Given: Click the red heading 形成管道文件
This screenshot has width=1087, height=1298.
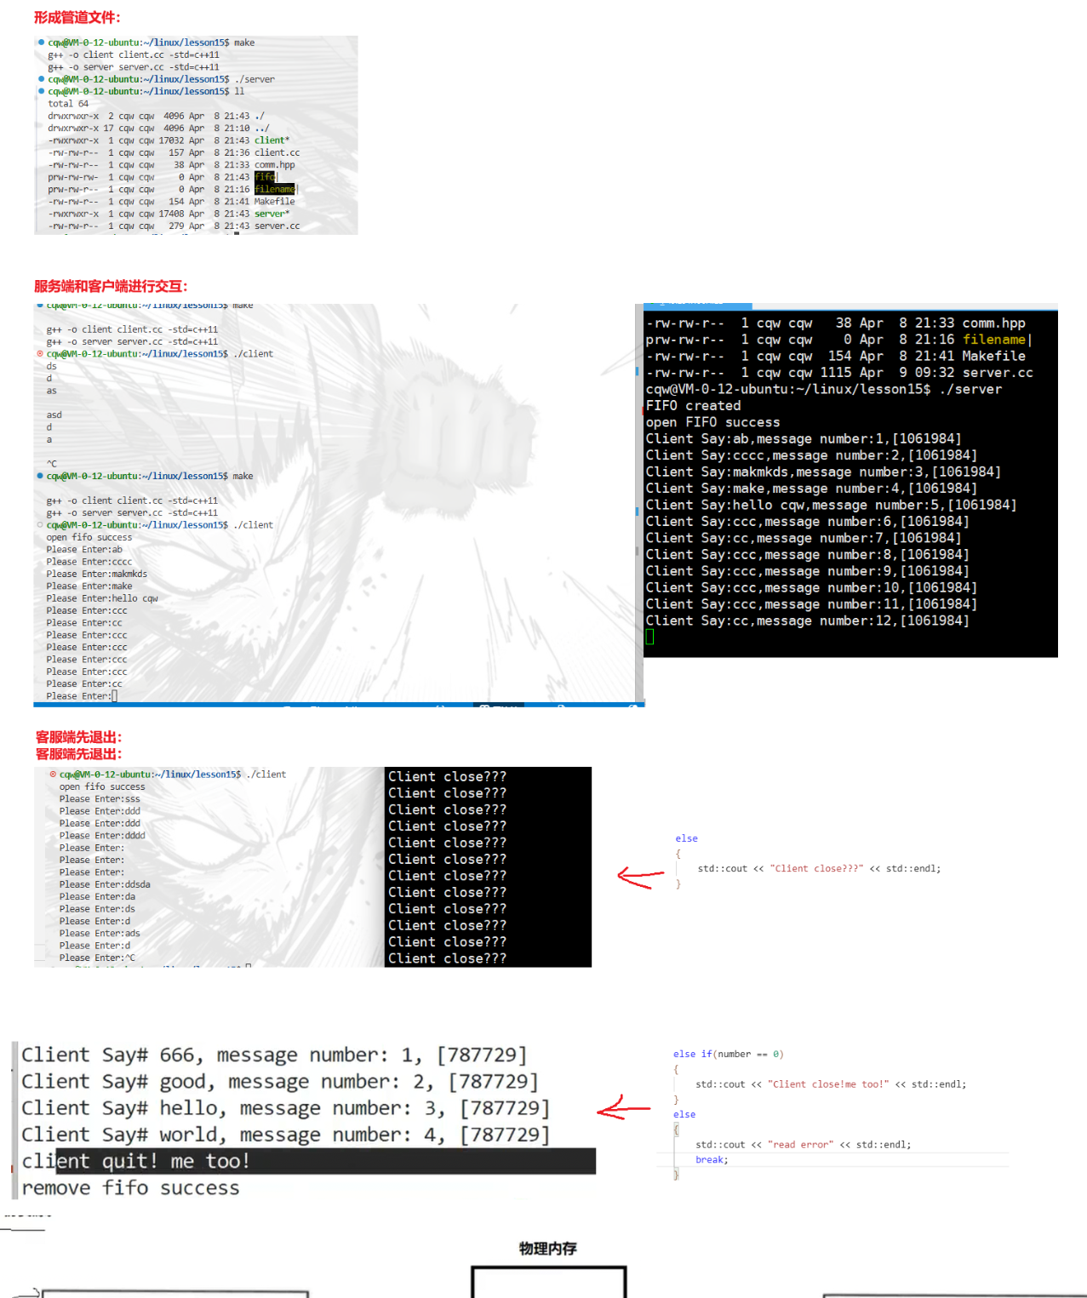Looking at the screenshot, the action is (77, 17).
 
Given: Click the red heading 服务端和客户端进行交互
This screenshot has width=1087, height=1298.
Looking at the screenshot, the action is (111, 286).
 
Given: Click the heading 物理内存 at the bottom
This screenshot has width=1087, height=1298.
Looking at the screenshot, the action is (547, 1249).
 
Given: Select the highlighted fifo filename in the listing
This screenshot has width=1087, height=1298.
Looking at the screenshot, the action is (265, 177).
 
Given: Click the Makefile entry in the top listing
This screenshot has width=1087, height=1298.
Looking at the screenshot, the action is (274, 202).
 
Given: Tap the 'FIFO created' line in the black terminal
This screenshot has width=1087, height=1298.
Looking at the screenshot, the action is (693, 406).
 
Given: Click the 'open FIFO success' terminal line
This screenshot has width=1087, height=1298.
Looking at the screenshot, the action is (712, 422).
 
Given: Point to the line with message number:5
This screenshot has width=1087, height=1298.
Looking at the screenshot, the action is (830, 505).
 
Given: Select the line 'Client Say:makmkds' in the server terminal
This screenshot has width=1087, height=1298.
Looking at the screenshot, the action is (822, 472).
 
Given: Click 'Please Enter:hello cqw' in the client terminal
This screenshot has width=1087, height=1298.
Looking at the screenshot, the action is (102, 598).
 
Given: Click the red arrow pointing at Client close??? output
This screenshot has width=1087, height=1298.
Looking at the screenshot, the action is (640, 877).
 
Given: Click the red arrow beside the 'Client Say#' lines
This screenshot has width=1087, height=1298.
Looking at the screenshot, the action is (623, 1108).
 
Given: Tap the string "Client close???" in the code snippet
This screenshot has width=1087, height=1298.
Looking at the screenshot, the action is (816, 868).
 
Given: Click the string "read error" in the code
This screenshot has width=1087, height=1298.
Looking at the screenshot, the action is (800, 1145).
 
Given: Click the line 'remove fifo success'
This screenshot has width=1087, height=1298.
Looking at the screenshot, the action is (130, 1188).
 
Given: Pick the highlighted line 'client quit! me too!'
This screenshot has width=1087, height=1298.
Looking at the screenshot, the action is (136, 1161).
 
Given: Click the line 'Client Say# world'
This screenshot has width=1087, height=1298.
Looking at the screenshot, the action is (285, 1135).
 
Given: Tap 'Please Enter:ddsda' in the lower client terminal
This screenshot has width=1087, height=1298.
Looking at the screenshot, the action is (105, 884).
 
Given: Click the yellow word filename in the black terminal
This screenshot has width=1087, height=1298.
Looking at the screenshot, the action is (993, 340).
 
